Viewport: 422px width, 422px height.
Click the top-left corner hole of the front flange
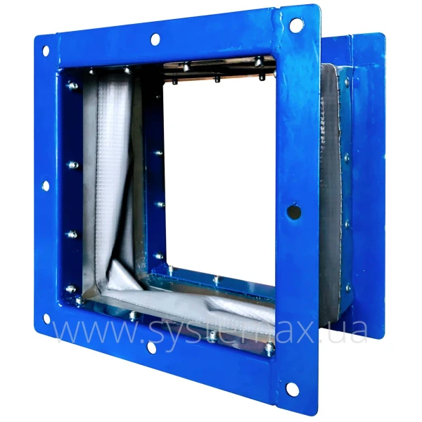tap(46, 51)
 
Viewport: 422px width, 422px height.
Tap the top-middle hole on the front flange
tap(155, 39)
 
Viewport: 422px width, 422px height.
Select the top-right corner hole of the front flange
tap(296, 25)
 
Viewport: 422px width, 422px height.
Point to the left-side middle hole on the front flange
tap(46, 186)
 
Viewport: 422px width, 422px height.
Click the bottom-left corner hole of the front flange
tap(47, 319)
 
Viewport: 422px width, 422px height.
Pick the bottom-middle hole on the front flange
tap(152, 347)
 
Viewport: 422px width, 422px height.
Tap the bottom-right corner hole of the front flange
tap(293, 389)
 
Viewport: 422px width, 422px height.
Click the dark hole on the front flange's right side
tap(294, 212)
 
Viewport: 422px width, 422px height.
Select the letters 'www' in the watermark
tap(95, 331)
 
